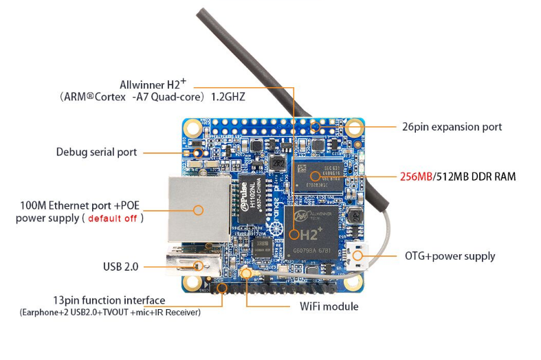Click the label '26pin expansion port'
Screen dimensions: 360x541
pyautogui.click(x=452, y=127)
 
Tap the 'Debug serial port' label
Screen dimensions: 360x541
pyautogui.click(x=96, y=152)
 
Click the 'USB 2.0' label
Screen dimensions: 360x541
pyautogui.click(x=120, y=266)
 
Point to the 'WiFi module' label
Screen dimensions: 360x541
pyautogui.click(x=329, y=306)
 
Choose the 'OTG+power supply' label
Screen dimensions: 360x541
pyautogui.click(x=450, y=256)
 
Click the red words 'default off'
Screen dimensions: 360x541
pyautogui.click(x=115, y=218)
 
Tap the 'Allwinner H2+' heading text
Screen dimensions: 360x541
pyautogui.click(x=153, y=85)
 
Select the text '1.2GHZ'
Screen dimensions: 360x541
pyautogui.click(x=228, y=98)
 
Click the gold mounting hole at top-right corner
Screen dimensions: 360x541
pyautogui.click(x=355, y=128)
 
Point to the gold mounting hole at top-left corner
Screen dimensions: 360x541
pyautogui.click(x=192, y=128)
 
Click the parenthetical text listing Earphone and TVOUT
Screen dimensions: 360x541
pyautogui.click(x=110, y=313)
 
